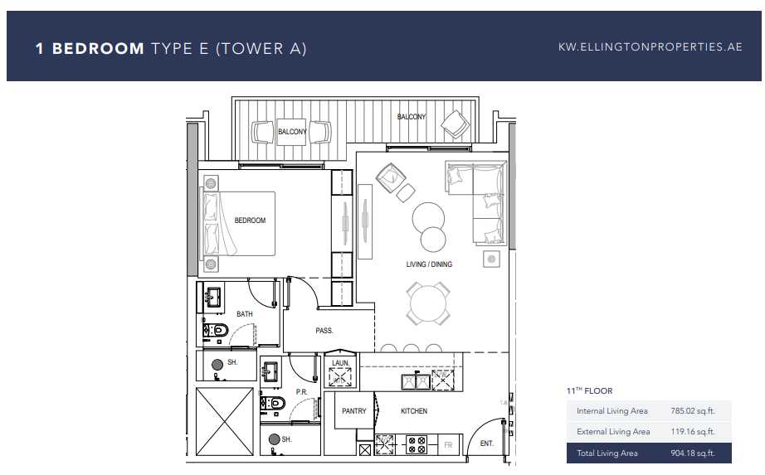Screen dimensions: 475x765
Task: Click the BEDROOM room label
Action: pyautogui.click(x=250, y=221)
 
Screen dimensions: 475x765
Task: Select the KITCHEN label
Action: pyautogui.click(x=414, y=411)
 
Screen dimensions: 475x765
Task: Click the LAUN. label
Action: pyautogui.click(x=340, y=363)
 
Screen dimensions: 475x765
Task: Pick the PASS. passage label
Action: pyautogui.click(x=324, y=331)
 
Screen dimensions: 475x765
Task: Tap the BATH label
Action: pyautogui.click(x=245, y=314)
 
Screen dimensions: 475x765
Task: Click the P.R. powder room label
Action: pyautogui.click(x=301, y=391)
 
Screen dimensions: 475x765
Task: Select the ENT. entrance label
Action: pyautogui.click(x=487, y=444)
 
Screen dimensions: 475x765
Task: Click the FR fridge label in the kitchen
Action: pyautogui.click(x=449, y=445)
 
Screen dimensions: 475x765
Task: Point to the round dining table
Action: pyautogui.click(x=427, y=303)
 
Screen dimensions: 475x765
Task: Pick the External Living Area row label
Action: pyautogui.click(x=613, y=432)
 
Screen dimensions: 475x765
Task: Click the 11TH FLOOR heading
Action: pyautogui.click(x=589, y=390)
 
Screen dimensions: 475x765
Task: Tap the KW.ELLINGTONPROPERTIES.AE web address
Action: pyautogui.click(x=650, y=48)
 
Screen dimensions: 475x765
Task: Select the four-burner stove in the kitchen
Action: pyautogui.click(x=416, y=445)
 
